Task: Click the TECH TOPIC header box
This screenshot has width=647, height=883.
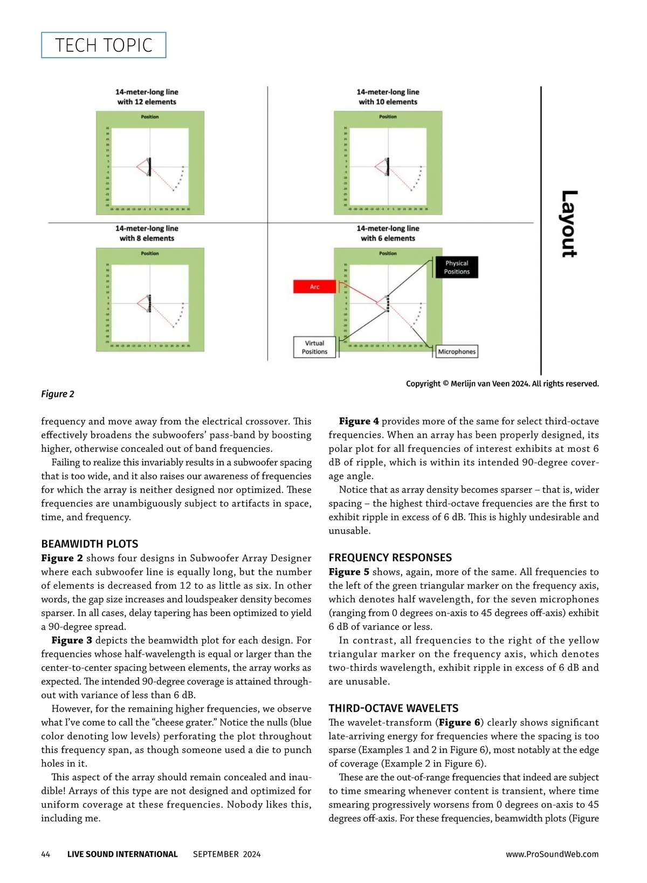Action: (104, 45)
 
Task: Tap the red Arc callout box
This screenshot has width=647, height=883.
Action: (315, 287)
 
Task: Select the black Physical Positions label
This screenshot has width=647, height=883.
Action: (457, 267)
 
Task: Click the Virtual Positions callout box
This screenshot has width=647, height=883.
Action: (314, 347)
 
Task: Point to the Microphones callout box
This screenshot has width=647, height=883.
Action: (457, 351)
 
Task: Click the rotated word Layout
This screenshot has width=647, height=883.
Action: (569, 224)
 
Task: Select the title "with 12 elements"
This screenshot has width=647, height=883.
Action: (147, 102)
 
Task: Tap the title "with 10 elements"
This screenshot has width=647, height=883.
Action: (388, 102)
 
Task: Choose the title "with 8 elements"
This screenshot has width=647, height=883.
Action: (147, 238)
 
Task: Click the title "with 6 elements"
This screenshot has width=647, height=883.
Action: (388, 238)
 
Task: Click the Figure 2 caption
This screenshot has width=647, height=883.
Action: (58, 394)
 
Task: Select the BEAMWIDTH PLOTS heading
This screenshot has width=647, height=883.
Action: (90, 544)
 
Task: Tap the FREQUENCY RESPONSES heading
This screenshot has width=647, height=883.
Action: (390, 557)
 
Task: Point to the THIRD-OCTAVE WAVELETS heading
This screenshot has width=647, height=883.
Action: (394, 708)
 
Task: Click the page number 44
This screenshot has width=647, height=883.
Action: (46, 854)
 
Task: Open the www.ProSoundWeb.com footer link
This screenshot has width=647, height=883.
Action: (552, 854)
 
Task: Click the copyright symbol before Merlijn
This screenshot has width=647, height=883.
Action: (446, 384)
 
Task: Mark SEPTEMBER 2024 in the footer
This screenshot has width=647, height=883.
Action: (226, 854)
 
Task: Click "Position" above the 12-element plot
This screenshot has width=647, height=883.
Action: (150, 117)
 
